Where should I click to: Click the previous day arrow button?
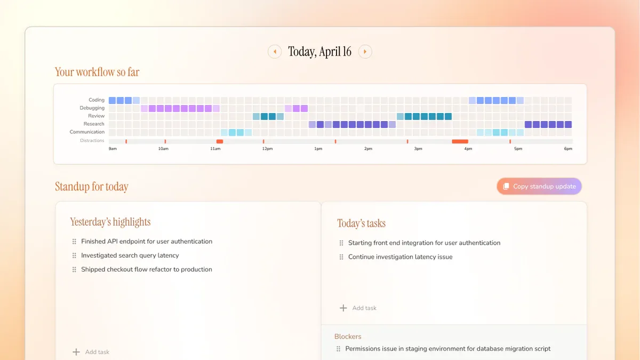[x=275, y=52]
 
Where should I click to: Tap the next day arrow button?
[x=365, y=52]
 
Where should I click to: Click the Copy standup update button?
[x=539, y=186]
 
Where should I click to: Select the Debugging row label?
[x=92, y=108]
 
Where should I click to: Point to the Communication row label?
[x=87, y=132]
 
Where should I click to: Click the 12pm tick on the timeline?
[x=267, y=149]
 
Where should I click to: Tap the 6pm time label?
[x=568, y=149]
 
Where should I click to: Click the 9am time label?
[x=113, y=149]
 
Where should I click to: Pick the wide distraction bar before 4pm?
[x=460, y=141]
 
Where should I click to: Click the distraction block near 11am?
[x=220, y=141]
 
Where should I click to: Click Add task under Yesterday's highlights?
[x=91, y=352]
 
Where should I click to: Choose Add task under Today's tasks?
[x=358, y=308]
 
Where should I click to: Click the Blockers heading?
[x=348, y=337]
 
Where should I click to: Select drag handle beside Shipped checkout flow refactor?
[x=74, y=269]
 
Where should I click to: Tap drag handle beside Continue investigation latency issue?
[x=341, y=257]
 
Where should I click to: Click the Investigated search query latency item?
[x=130, y=255]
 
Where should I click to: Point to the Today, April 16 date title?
[x=319, y=52]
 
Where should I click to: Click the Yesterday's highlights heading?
[x=110, y=222]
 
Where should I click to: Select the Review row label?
[x=97, y=116]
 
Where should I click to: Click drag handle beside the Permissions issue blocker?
[x=338, y=349]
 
